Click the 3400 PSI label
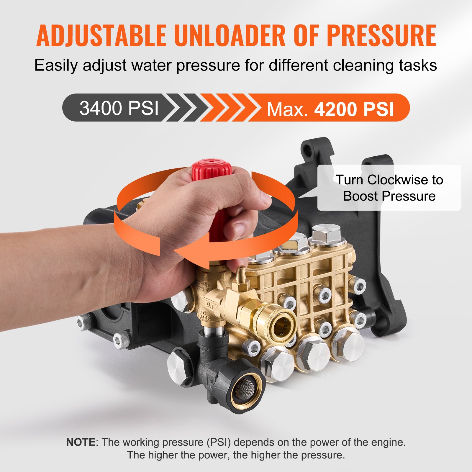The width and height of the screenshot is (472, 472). [x=119, y=108]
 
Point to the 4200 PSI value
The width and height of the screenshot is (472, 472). [x=354, y=109]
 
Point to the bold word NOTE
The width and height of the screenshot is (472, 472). [x=81, y=442]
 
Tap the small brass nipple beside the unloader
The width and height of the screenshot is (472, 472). [x=241, y=273]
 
